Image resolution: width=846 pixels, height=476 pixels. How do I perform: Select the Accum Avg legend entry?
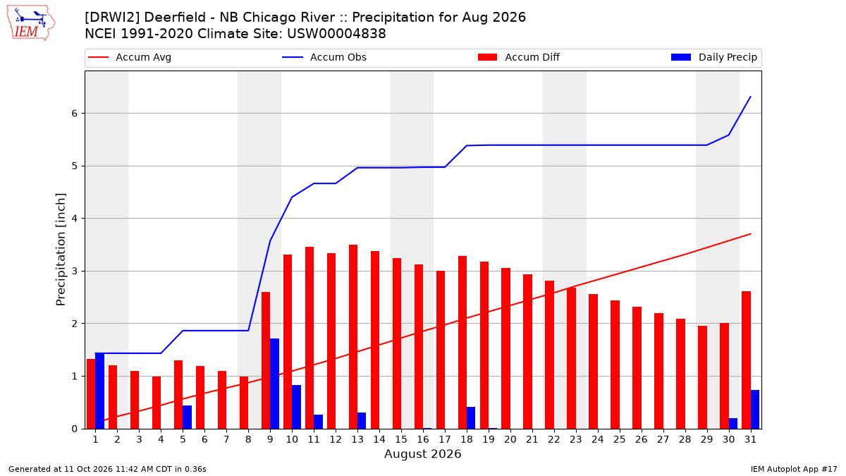pyautogui.click(x=130, y=57)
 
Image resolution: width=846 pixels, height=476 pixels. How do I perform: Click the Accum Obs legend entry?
pyautogui.click(x=324, y=57)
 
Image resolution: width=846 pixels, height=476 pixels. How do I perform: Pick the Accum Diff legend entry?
pyautogui.click(x=519, y=57)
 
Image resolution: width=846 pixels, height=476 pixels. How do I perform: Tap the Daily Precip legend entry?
pyautogui.click(x=713, y=57)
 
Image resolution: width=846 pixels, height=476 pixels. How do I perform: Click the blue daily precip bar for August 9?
pyautogui.click(x=274, y=384)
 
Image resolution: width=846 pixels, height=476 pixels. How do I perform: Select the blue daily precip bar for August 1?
pyautogui.click(x=99, y=391)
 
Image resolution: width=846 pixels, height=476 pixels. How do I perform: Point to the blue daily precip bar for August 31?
pyautogui.click(x=755, y=410)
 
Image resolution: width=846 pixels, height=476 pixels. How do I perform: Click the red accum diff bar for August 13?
pyautogui.click(x=353, y=337)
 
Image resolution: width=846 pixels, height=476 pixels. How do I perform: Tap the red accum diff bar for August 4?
pyautogui.click(x=157, y=403)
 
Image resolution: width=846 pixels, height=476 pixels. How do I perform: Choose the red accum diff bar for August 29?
pyautogui.click(x=702, y=377)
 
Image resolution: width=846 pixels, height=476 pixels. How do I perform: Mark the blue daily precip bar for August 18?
pyautogui.click(x=471, y=417)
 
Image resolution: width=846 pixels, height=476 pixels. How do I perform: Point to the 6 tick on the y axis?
pyautogui.click(x=75, y=114)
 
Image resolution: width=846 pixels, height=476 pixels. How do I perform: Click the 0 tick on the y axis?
pyautogui.click(x=75, y=429)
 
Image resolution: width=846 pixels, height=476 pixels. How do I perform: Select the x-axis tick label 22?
pyautogui.click(x=553, y=440)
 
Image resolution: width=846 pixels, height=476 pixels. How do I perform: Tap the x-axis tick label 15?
pyautogui.click(x=401, y=440)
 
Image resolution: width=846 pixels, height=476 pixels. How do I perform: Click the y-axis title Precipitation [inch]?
pyautogui.click(x=61, y=250)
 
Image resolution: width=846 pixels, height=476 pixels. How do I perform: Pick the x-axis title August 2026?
pyautogui.click(x=422, y=453)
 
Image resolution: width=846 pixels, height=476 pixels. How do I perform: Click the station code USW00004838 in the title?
pyautogui.click(x=336, y=34)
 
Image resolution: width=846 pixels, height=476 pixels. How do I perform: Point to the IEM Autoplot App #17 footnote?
pyautogui.click(x=794, y=469)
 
